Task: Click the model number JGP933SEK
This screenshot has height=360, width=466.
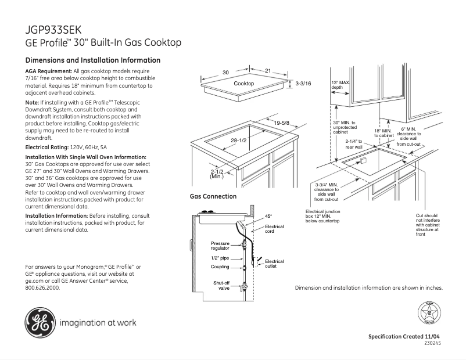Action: (x=53, y=29)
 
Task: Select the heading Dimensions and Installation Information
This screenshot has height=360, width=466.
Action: (x=93, y=60)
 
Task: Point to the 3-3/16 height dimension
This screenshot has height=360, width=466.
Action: (x=303, y=84)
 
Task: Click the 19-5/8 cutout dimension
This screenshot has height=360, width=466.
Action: (x=281, y=123)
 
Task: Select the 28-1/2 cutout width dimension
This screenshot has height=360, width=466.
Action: (x=238, y=141)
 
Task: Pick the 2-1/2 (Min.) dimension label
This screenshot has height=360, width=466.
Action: (x=217, y=174)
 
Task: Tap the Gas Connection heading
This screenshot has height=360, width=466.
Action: (x=213, y=196)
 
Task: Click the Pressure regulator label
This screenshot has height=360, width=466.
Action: (x=220, y=246)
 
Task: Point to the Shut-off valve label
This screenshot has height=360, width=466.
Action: (x=221, y=285)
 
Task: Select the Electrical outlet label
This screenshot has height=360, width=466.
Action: (x=274, y=264)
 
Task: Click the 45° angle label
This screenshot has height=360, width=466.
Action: (x=268, y=216)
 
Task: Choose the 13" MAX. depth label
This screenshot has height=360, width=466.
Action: (x=340, y=85)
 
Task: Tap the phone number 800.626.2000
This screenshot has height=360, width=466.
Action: (x=42, y=287)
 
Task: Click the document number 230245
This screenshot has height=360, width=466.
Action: (x=432, y=343)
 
